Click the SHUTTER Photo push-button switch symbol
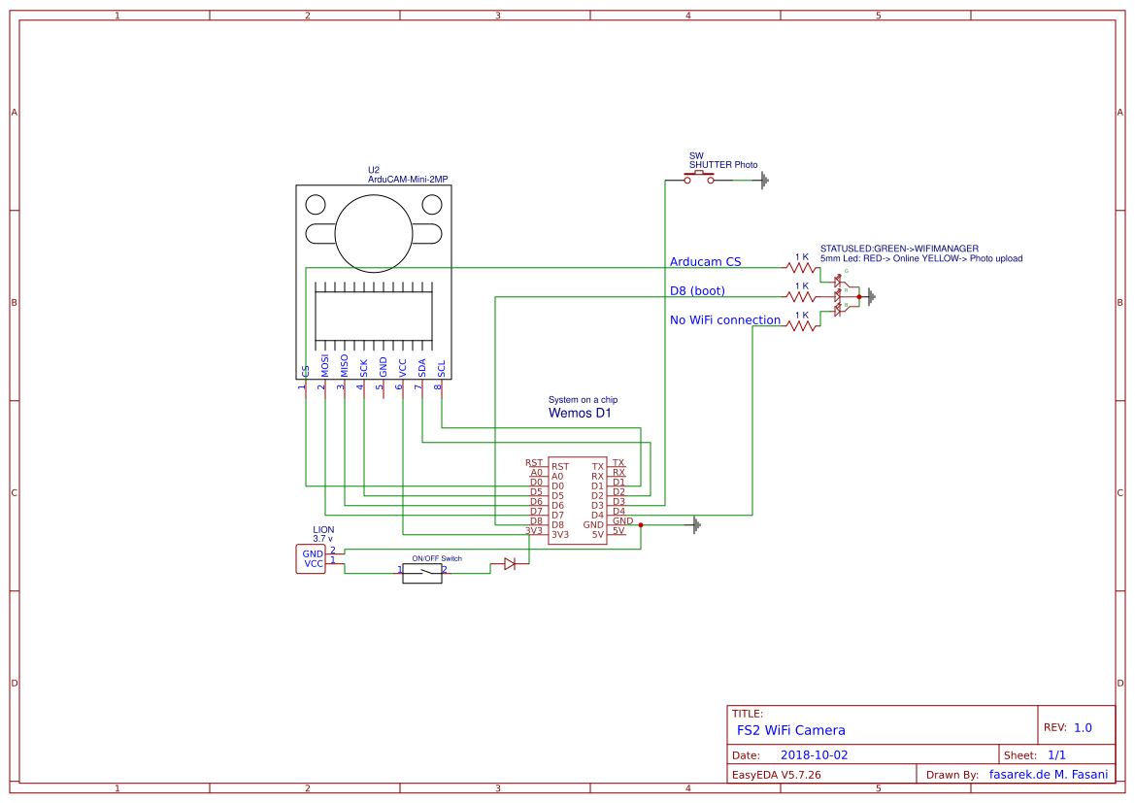click(698, 179)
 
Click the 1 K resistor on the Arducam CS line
click(802, 267)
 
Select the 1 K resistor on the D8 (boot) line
click(802, 296)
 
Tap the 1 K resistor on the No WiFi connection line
click(802, 325)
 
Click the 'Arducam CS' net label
click(705, 262)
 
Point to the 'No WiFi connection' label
click(725, 319)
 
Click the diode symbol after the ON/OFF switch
click(509, 563)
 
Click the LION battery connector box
click(311, 558)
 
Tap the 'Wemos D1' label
click(580, 413)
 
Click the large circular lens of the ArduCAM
click(375, 233)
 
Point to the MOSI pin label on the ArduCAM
click(325, 366)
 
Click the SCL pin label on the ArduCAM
click(442, 369)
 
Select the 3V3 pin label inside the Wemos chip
click(560, 534)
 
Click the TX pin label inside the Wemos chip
click(598, 467)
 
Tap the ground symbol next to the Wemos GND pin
click(695, 525)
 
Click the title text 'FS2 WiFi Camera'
click(790, 730)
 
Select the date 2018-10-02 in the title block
click(814, 754)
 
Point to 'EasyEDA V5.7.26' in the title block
click(776, 775)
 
